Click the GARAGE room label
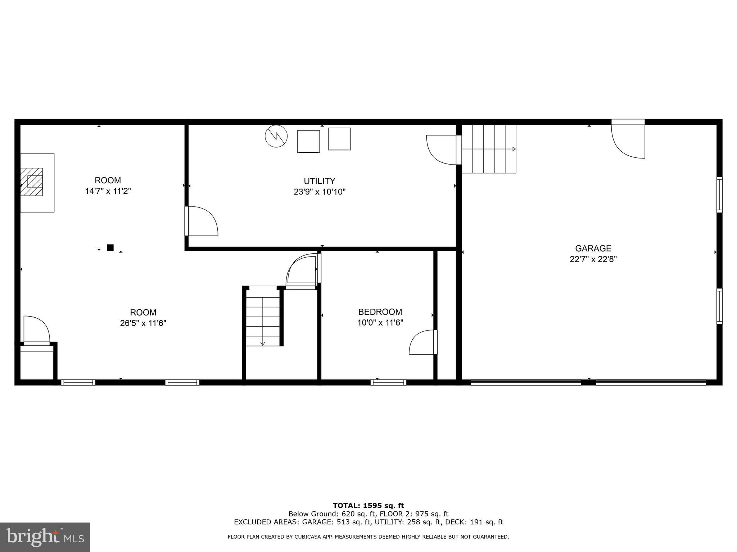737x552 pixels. (593, 248)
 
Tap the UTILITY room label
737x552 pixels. (319, 181)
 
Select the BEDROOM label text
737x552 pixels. (380, 312)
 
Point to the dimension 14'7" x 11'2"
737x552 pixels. (108, 191)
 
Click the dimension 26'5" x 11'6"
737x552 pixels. (143, 323)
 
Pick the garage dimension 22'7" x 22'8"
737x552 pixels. (593, 259)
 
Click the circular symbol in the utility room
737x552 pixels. (276, 136)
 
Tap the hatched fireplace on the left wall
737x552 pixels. (32, 182)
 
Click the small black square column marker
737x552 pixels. (110, 248)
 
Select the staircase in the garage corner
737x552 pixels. (489, 149)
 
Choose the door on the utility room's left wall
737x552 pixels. (202, 221)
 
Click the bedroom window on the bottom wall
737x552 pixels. (388, 382)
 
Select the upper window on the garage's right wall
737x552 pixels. (719, 194)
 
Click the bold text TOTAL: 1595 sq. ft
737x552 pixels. (368, 506)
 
